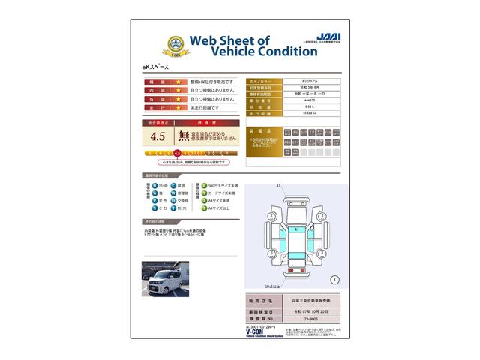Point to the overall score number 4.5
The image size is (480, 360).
157,136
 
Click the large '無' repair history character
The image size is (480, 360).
183,136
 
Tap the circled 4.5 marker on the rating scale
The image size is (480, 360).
177,153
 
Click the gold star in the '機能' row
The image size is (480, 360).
179,81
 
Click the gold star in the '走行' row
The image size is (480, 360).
179,108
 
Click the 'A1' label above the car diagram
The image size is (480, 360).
277,185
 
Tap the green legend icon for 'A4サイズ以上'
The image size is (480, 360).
199,209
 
